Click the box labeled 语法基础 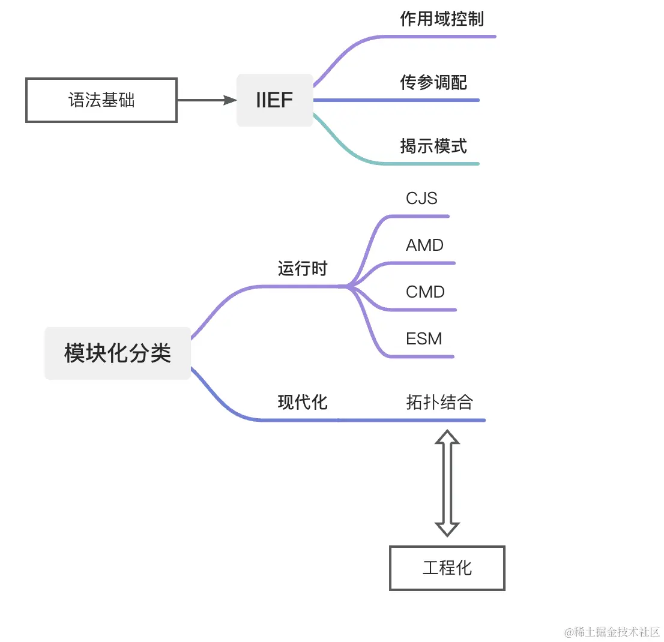coord(101,100)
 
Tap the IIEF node coord(274,100)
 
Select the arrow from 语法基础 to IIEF coord(207,100)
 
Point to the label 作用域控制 coord(441,19)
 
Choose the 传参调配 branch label coord(433,82)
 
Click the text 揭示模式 coord(433,146)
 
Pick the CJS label coord(421,198)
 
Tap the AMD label coord(424,245)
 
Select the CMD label coord(425,292)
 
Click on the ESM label coord(424,338)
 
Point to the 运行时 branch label coord(303,268)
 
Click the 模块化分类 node coord(118,353)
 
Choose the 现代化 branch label coord(303,402)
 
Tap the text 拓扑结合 coord(439,402)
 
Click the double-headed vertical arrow coord(447,483)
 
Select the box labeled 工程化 coord(447,568)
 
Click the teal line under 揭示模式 coord(432,163)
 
